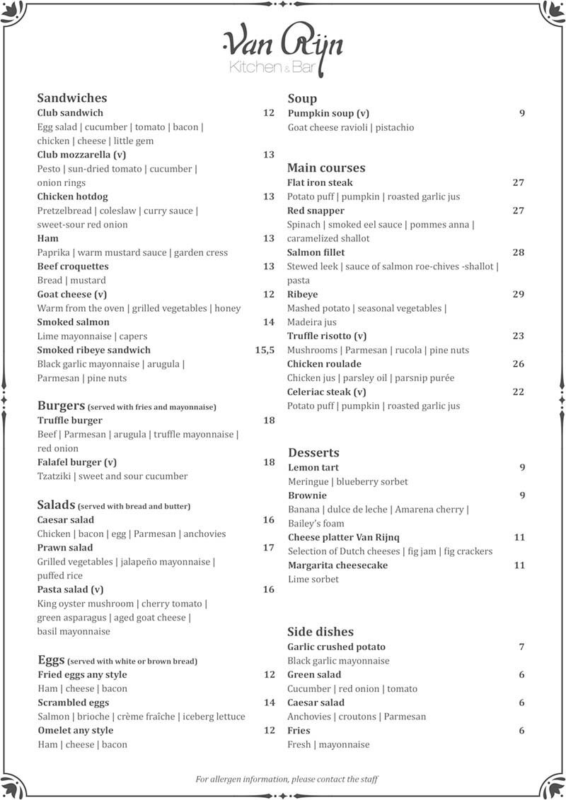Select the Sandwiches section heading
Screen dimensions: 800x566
pyautogui.click(x=71, y=98)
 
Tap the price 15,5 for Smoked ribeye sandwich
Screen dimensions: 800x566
pyautogui.click(x=265, y=350)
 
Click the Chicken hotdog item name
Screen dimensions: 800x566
pyautogui.click(x=72, y=196)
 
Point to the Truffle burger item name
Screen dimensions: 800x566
pyautogui.click(x=70, y=420)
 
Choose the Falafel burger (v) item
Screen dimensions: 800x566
pyautogui.click(x=77, y=462)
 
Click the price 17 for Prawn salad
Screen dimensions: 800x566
pyautogui.click(x=269, y=548)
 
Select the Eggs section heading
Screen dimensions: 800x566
pyautogui.click(x=51, y=660)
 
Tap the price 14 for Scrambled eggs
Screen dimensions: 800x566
pyautogui.click(x=269, y=702)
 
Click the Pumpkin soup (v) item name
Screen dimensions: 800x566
pyautogui.click(x=328, y=113)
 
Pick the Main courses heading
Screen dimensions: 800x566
pyautogui.click(x=326, y=168)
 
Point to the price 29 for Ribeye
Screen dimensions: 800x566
pyautogui.click(x=519, y=294)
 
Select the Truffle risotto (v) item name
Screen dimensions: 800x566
pyautogui.click(x=327, y=336)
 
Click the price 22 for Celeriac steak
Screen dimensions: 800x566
pyautogui.click(x=519, y=392)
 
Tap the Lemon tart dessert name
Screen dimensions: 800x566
pyautogui.click(x=313, y=467)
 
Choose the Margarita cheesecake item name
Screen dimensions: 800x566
pyautogui.click(x=337, y=565)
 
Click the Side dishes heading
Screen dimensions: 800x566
pyautogui.click(x=320, y=632)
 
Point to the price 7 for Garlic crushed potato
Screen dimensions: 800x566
pyautogui.click(x=521, y=647)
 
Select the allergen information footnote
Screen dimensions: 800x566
pyautogui.click(x=287, y=780)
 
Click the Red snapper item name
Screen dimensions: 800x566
pyautogui.click(x=316, y=211)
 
